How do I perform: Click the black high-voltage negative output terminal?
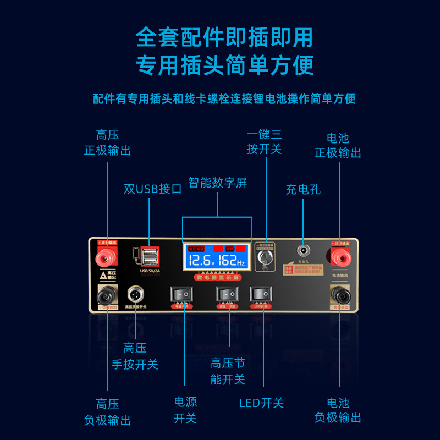[108, 296]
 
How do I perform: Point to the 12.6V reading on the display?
[201, 260]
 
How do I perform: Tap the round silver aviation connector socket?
[135, 294]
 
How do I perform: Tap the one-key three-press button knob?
[266, 259]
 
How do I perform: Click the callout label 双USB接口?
[152, 189]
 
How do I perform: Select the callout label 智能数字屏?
[217, 183]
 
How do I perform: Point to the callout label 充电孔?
[302, 190]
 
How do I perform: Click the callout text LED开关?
[261, 403]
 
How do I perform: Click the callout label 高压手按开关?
[135, 356]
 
